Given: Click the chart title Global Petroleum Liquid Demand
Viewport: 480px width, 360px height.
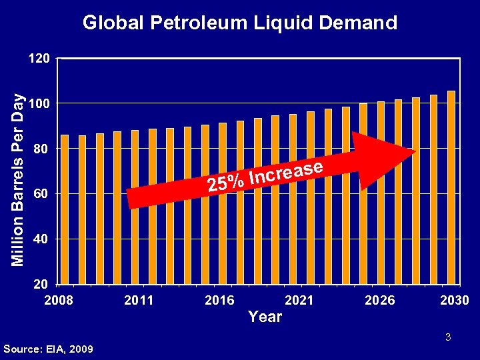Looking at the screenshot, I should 239,23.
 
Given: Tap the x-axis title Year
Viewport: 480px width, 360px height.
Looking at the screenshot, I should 265,317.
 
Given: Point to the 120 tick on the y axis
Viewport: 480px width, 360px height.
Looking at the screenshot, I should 39,59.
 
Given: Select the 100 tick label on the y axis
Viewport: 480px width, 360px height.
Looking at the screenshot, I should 39,104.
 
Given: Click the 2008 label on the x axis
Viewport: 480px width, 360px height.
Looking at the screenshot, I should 59,300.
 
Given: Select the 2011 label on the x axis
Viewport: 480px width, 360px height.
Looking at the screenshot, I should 139,300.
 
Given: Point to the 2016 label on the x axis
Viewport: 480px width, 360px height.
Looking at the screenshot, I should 219,300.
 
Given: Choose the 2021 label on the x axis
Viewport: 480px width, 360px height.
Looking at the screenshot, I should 299,300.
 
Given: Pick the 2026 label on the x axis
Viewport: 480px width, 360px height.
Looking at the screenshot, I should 380,300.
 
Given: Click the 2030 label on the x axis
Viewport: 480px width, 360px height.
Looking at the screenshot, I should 454,300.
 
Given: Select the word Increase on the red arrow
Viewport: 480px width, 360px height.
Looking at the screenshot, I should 287,171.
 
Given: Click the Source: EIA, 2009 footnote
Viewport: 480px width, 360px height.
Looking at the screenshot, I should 48,349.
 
